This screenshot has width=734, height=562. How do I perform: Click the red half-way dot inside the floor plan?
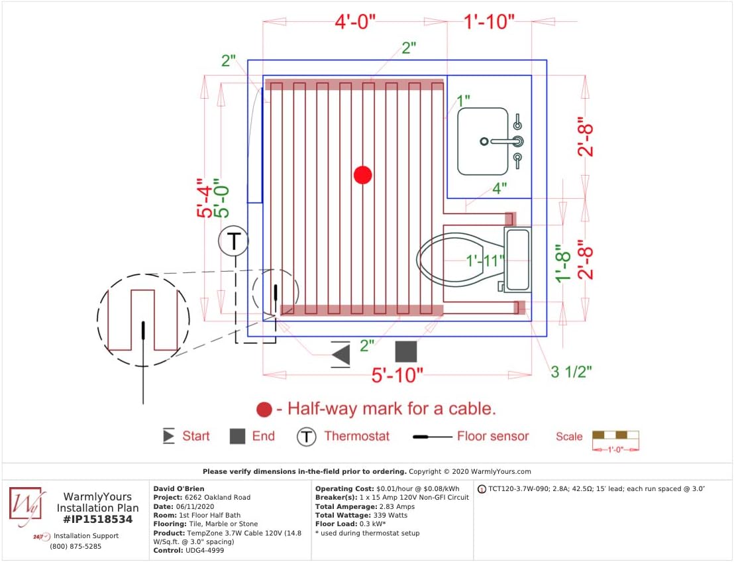click(362, 175)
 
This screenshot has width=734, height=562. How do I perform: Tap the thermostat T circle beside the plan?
click(233, 242)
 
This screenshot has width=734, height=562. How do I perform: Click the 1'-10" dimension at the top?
click(489, 22)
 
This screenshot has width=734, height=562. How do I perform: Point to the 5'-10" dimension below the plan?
click(397, 375)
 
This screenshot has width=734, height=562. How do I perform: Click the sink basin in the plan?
click(483, 141)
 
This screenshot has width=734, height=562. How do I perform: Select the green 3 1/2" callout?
click(571, 371)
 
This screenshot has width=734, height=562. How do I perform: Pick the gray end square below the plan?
click(405, 352)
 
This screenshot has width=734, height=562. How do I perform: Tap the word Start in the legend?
click(196, 436)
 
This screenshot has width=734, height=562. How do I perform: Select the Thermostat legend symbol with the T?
click(306, 437)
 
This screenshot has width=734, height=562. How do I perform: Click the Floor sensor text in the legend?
click(493, 436)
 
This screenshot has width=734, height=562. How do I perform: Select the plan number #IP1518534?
click(97, 520)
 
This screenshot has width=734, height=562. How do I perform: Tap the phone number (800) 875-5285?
click(76, 547)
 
